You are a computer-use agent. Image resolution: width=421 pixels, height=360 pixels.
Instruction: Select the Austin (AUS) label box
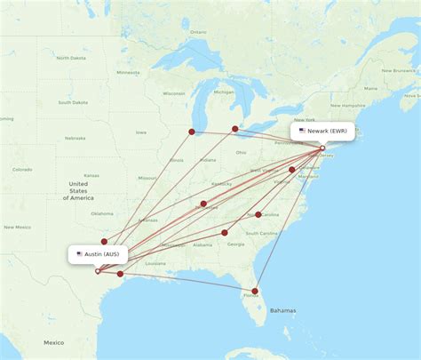click(x=99, y=254)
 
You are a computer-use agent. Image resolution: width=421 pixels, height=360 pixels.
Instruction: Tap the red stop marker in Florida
click(x=255, y=291)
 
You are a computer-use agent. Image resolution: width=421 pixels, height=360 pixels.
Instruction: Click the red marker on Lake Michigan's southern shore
click(x=192, y=132)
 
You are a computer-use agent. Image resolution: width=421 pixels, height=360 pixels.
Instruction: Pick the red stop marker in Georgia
click(x=225, y=233)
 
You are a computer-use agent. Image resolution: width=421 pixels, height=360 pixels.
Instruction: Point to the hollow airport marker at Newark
click(x=322, y=148)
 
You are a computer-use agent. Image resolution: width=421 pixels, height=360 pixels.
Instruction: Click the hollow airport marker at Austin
click(x=98, y=270)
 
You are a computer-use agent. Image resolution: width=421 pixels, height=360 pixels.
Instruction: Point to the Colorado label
click(x=21, y=169)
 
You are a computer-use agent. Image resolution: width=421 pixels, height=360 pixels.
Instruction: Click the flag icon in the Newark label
click(x=302, y=132)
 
